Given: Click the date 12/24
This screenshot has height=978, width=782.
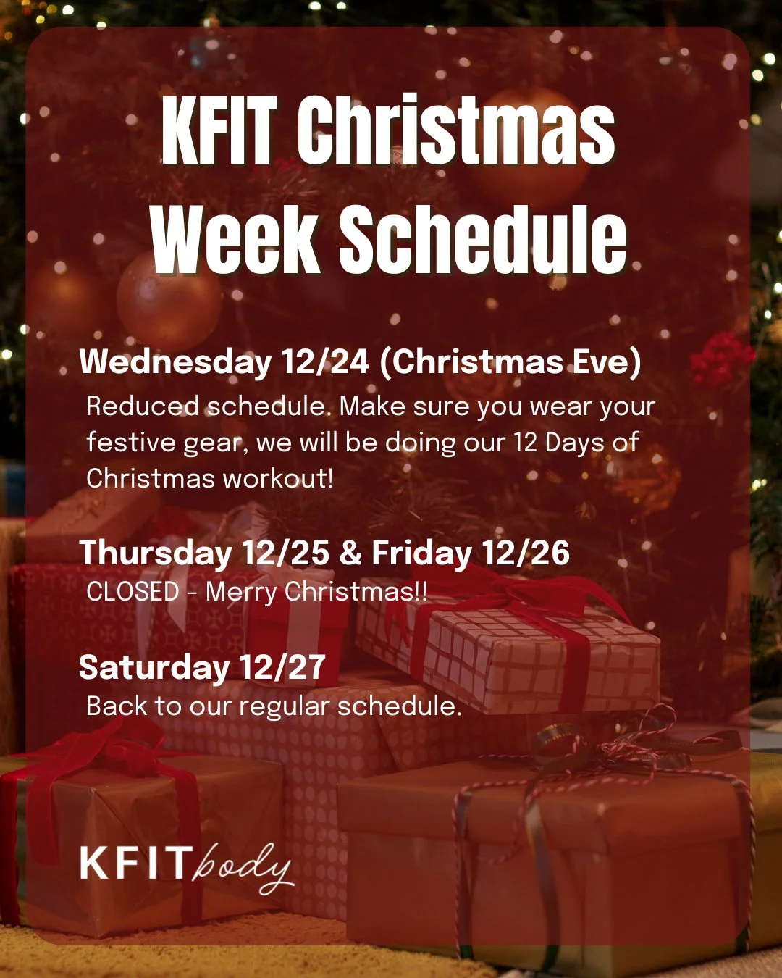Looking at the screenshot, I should pos(326,361).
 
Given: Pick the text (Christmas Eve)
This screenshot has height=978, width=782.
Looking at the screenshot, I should pos(510,361).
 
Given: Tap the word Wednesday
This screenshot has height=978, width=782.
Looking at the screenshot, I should pos(175,361).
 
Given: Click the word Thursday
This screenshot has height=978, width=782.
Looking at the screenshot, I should pos(156,553).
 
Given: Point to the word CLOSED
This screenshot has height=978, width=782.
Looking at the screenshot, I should pos(133,592).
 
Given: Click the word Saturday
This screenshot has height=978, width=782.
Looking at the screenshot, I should pos(153,667).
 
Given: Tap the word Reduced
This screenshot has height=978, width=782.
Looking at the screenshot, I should pos(142,406).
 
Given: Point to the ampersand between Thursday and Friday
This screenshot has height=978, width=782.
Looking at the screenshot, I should pos(350,553).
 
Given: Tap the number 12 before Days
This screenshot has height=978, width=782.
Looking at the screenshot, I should pos(526,442).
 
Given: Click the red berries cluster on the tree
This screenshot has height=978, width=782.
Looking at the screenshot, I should pos(720,359).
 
